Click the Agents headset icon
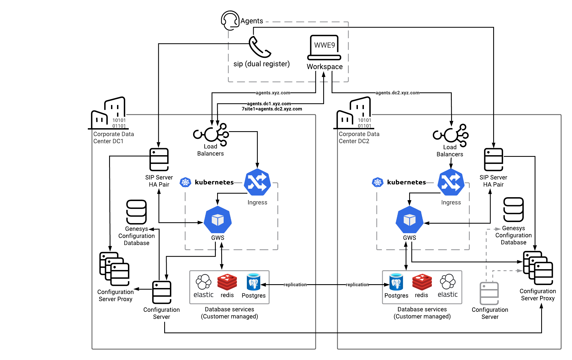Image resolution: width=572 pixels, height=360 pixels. point(230,20)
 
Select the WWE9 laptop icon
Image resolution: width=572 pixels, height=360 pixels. point(324,47)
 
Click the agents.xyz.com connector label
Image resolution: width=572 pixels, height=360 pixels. point(273,93)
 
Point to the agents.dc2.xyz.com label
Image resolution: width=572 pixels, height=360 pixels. point(397,93)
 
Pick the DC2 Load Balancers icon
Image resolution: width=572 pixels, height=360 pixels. point(451,135)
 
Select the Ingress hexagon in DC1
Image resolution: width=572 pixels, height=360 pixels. point(257,182)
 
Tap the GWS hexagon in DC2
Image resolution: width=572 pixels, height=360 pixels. point(409,220)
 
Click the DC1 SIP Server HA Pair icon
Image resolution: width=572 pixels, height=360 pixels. point(159,160)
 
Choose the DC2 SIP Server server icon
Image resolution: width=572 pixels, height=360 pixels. point(493,160)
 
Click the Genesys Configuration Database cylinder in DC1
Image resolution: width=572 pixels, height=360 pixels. point(136,212)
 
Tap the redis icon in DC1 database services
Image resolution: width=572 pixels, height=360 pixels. point(227,282)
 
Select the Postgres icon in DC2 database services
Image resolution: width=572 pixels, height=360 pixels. point(396,282)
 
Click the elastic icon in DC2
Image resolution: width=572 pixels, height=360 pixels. point(448,282)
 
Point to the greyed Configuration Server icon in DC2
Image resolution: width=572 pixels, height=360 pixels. point(489,293)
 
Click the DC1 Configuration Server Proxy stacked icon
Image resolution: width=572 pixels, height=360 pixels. point(114,269)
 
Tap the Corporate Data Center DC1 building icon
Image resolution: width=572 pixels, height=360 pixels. point(109,113)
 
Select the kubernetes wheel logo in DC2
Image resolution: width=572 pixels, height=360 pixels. point(378,182)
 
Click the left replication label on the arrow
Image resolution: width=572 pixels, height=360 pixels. point(295,284)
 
